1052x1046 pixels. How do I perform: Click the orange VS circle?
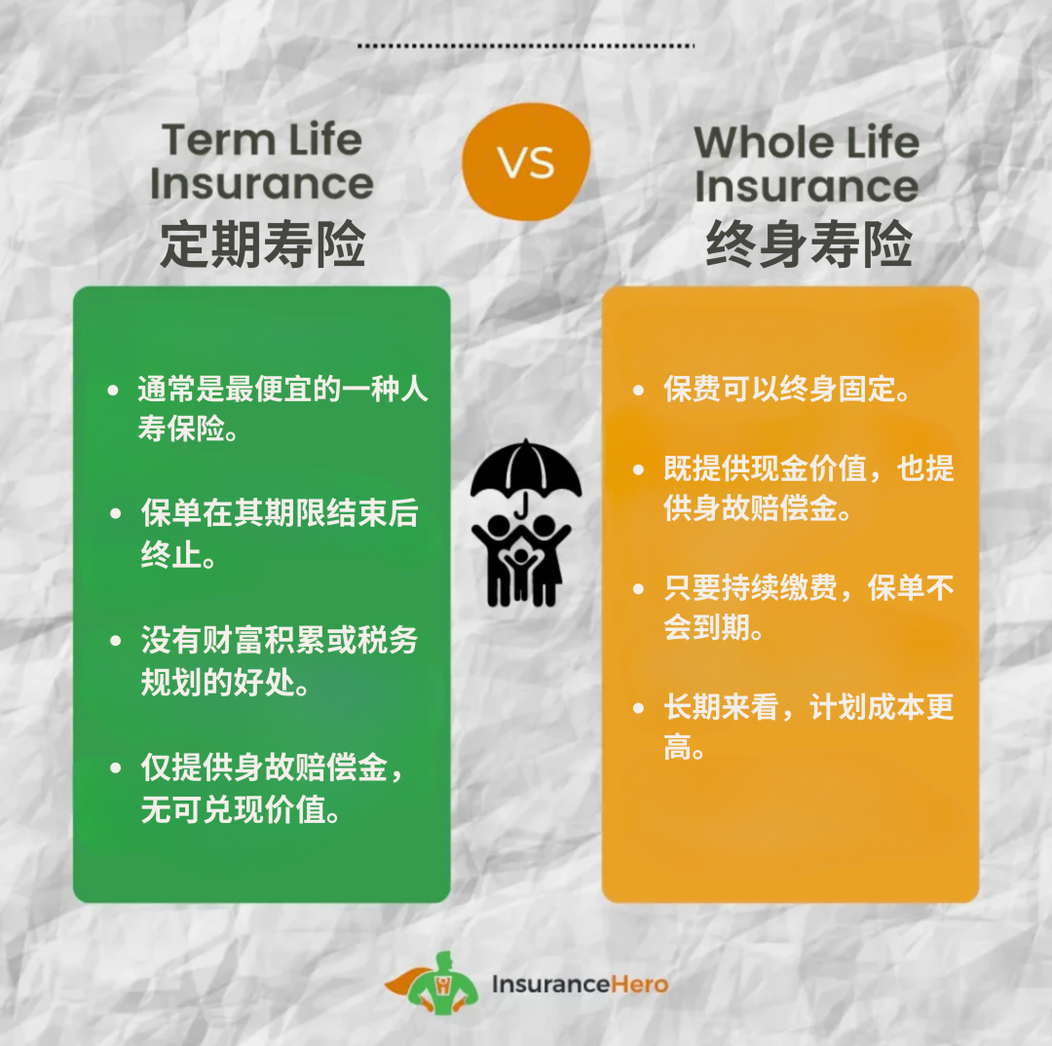[x=526, y=161]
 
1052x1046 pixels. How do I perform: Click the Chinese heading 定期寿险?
[x=262, y=243]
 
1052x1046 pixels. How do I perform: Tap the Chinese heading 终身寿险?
[x=808, y=243]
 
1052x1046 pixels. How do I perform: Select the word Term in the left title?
[x=219, y=140]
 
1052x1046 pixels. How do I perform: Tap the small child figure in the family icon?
[x=521, y=572]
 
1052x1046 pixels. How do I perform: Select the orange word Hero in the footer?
[x=640, y=985]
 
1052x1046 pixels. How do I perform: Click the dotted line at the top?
[x=526, y=46]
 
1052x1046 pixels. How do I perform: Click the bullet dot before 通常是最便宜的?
[x=113, y=390]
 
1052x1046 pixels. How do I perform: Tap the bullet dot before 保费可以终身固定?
[x=639, y=390]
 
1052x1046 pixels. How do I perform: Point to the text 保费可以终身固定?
[x=786, y=390]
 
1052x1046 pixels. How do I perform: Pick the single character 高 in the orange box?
[x=678, y=746]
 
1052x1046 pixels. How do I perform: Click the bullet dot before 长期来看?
[x=639, y=708]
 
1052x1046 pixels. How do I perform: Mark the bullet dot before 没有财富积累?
[x=115, y=641]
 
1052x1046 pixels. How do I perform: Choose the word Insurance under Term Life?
[x=262, y=184]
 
